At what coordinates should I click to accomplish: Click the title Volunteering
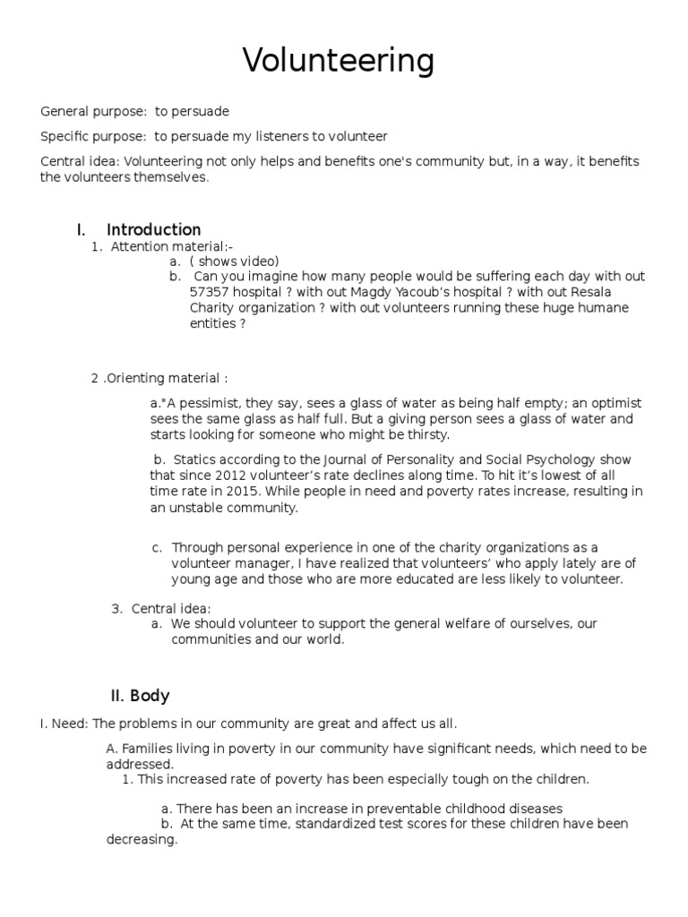[339, 61]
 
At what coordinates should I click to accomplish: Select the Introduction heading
[153, 230]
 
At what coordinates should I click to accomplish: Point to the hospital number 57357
[209, 292]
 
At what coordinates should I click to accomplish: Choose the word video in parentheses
[258, 261]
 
